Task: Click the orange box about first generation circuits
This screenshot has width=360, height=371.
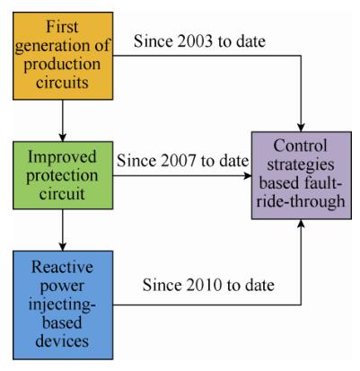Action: pyautogui.click(x=63, y=56)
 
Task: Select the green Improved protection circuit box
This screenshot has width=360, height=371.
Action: pyautogui.click(x=63, y=175)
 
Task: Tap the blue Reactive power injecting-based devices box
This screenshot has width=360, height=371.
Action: pyautogui.click(x=63, y=305)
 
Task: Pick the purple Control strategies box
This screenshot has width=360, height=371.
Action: pyautogui.click(x=302, y=175)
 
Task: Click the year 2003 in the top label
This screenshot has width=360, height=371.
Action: pyautogui.click(x=196, y=41)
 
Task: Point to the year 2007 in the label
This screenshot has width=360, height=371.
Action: pyautogui.click(x=179, y=161)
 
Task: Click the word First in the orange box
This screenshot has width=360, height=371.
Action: pyautogui.click(x=62, y=27)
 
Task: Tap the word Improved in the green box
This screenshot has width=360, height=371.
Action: pyautogui.click(x=62, y=157)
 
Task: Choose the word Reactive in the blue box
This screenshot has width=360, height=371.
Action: pyautogui.click(x=62, y=267)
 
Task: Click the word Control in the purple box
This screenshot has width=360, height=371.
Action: pyautogui.click(x=300, y=146)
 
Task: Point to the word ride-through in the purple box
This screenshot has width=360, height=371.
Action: pyautogui.click(x=301, y=201)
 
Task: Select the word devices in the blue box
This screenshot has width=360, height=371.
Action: pyautogui.click(x=62, y=340)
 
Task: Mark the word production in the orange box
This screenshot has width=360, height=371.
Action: pyautogui.click(x=62, y=65)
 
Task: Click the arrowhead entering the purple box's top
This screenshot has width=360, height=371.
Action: pyautogui.click(x=301, y=127)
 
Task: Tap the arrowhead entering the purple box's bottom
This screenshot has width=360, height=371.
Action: pyautogui.click(x=301, y=224)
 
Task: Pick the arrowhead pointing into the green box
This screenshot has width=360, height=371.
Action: pyautogui.click(x=63, y=137)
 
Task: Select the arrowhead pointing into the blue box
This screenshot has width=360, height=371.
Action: pyautogui.click(x=63, y=246)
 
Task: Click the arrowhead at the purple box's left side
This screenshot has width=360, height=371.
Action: pyautogui.click(x=247, y=175)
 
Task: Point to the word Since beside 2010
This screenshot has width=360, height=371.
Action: pyautogui.click(x=161, y=285)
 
